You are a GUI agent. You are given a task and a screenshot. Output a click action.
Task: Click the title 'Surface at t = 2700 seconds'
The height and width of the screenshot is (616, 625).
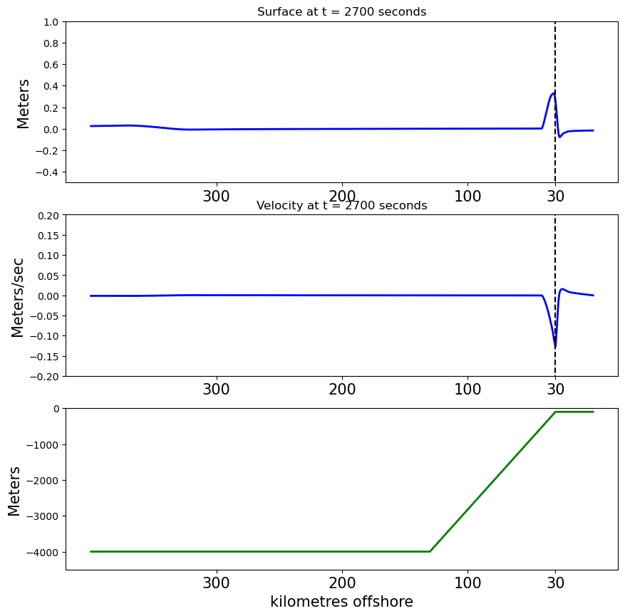[341, 12]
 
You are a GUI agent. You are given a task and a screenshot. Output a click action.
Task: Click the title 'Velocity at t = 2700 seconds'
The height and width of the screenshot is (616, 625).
[341, 206]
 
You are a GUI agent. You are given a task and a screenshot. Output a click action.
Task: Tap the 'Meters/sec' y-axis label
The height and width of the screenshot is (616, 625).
[18, 297]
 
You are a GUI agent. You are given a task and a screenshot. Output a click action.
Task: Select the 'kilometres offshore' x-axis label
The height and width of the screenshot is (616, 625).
[341, 602]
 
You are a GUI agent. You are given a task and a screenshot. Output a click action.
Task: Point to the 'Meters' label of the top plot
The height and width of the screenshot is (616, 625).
[24, 103]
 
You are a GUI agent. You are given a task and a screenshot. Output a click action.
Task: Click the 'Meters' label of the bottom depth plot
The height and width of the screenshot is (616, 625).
[15, 491]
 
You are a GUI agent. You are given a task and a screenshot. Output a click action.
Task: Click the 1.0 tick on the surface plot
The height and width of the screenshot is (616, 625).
[52, 22]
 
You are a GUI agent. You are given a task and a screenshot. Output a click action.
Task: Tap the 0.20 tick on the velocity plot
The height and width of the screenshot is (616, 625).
[47, 215]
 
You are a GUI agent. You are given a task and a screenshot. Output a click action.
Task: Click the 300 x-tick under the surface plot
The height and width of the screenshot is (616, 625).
[216, 197]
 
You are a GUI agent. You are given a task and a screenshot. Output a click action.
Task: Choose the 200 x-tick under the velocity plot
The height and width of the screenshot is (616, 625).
[342, 390]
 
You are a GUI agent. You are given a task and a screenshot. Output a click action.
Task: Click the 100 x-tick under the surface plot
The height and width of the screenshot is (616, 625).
[468, 197]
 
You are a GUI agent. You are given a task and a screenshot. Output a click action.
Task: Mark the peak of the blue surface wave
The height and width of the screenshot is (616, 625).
[553, 93]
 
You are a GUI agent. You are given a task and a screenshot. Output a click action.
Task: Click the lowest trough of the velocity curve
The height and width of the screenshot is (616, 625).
[555, 347]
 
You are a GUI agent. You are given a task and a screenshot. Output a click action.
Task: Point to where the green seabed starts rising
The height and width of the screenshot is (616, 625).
[430, 551]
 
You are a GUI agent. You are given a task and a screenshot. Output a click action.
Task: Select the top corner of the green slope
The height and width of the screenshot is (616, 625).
[556, 412]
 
